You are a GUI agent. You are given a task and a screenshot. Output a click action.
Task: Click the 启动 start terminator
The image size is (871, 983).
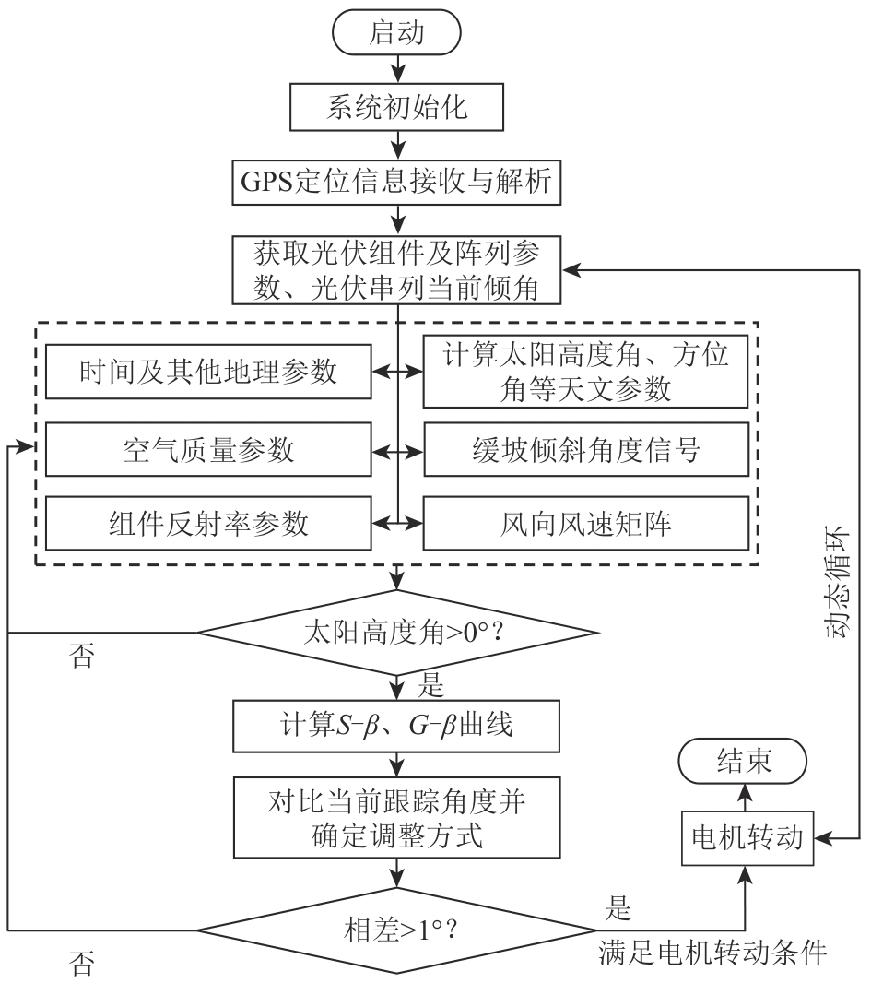[397, 32]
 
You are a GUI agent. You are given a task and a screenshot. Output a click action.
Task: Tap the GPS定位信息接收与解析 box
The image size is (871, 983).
[398, 182]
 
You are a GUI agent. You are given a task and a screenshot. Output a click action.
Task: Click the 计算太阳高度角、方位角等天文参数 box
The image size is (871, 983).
[584, 372]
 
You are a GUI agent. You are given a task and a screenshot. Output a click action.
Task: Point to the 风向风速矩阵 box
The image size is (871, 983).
[584, 524]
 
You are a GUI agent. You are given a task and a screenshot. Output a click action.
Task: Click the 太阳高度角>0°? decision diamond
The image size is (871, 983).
[398, 634]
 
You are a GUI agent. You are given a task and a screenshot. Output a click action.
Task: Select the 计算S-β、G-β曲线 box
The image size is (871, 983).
[398, 726]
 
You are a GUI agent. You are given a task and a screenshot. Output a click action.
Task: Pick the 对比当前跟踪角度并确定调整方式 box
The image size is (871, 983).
[398, 816]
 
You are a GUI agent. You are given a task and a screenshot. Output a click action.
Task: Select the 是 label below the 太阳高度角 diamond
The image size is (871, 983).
[432, 687]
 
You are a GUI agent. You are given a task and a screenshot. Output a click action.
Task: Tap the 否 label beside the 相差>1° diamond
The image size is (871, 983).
[82, 965]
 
